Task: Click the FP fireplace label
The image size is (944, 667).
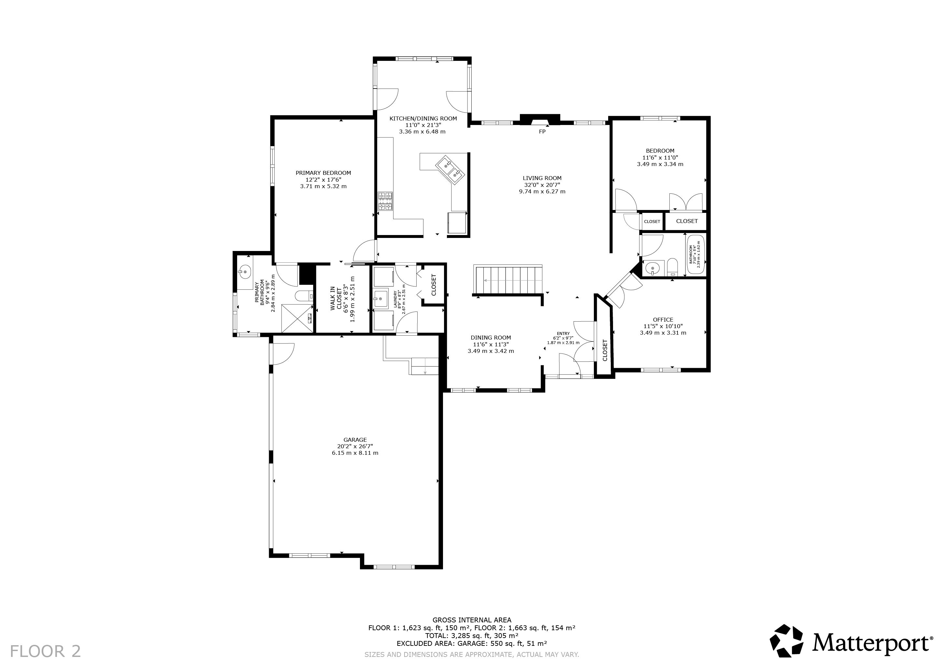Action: point(542,132)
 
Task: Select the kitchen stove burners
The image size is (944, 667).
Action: point(385,201)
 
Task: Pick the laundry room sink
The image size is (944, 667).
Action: point(381,299)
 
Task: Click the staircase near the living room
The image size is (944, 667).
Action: point(508,280)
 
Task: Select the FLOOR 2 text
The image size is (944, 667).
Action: point(45,651)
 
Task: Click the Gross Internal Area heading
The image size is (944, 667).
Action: point(472,620)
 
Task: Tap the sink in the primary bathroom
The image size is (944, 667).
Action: point(245,271)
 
